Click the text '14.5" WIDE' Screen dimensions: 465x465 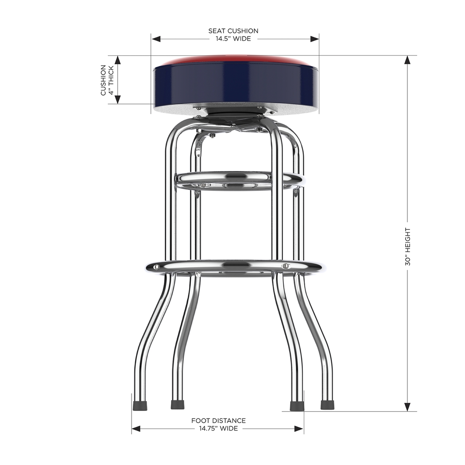(x=233, y=39)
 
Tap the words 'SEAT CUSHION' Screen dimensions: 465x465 (x=233, y=31)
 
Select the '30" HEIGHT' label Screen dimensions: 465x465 (x=407, y=247)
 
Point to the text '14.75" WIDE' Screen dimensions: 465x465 (x=218, y=428)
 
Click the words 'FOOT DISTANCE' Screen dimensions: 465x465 (x=218, y=421)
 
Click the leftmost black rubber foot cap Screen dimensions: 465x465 (x=140, y=405)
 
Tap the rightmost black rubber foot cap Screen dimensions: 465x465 (x=327, y=405)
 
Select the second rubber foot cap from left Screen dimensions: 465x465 (x=178, y=405)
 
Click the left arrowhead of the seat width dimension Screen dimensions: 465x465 (x=155, y=39)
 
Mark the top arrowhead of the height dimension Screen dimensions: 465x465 (x=407, y=60)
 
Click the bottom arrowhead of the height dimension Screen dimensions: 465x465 (x=407, y=407)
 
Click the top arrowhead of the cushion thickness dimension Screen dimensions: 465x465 (x=118, y=60)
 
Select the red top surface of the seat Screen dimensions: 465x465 (x=235, y=59)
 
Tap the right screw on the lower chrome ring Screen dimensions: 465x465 (x=286, y=266)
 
